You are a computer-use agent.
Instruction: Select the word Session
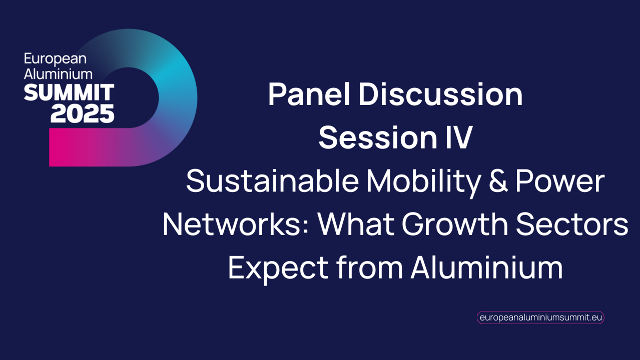pyautogui.click(x=375, y=137)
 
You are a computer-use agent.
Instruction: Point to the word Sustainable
pyautogui.click(x=272, y=181)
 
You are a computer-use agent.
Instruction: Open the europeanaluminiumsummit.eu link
pyautogui.click(x=540, y=317)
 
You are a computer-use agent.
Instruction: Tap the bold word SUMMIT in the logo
pyautogui.click(x=69, y=92)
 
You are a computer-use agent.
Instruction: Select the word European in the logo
pyautogui.click(x=55, y=59)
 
